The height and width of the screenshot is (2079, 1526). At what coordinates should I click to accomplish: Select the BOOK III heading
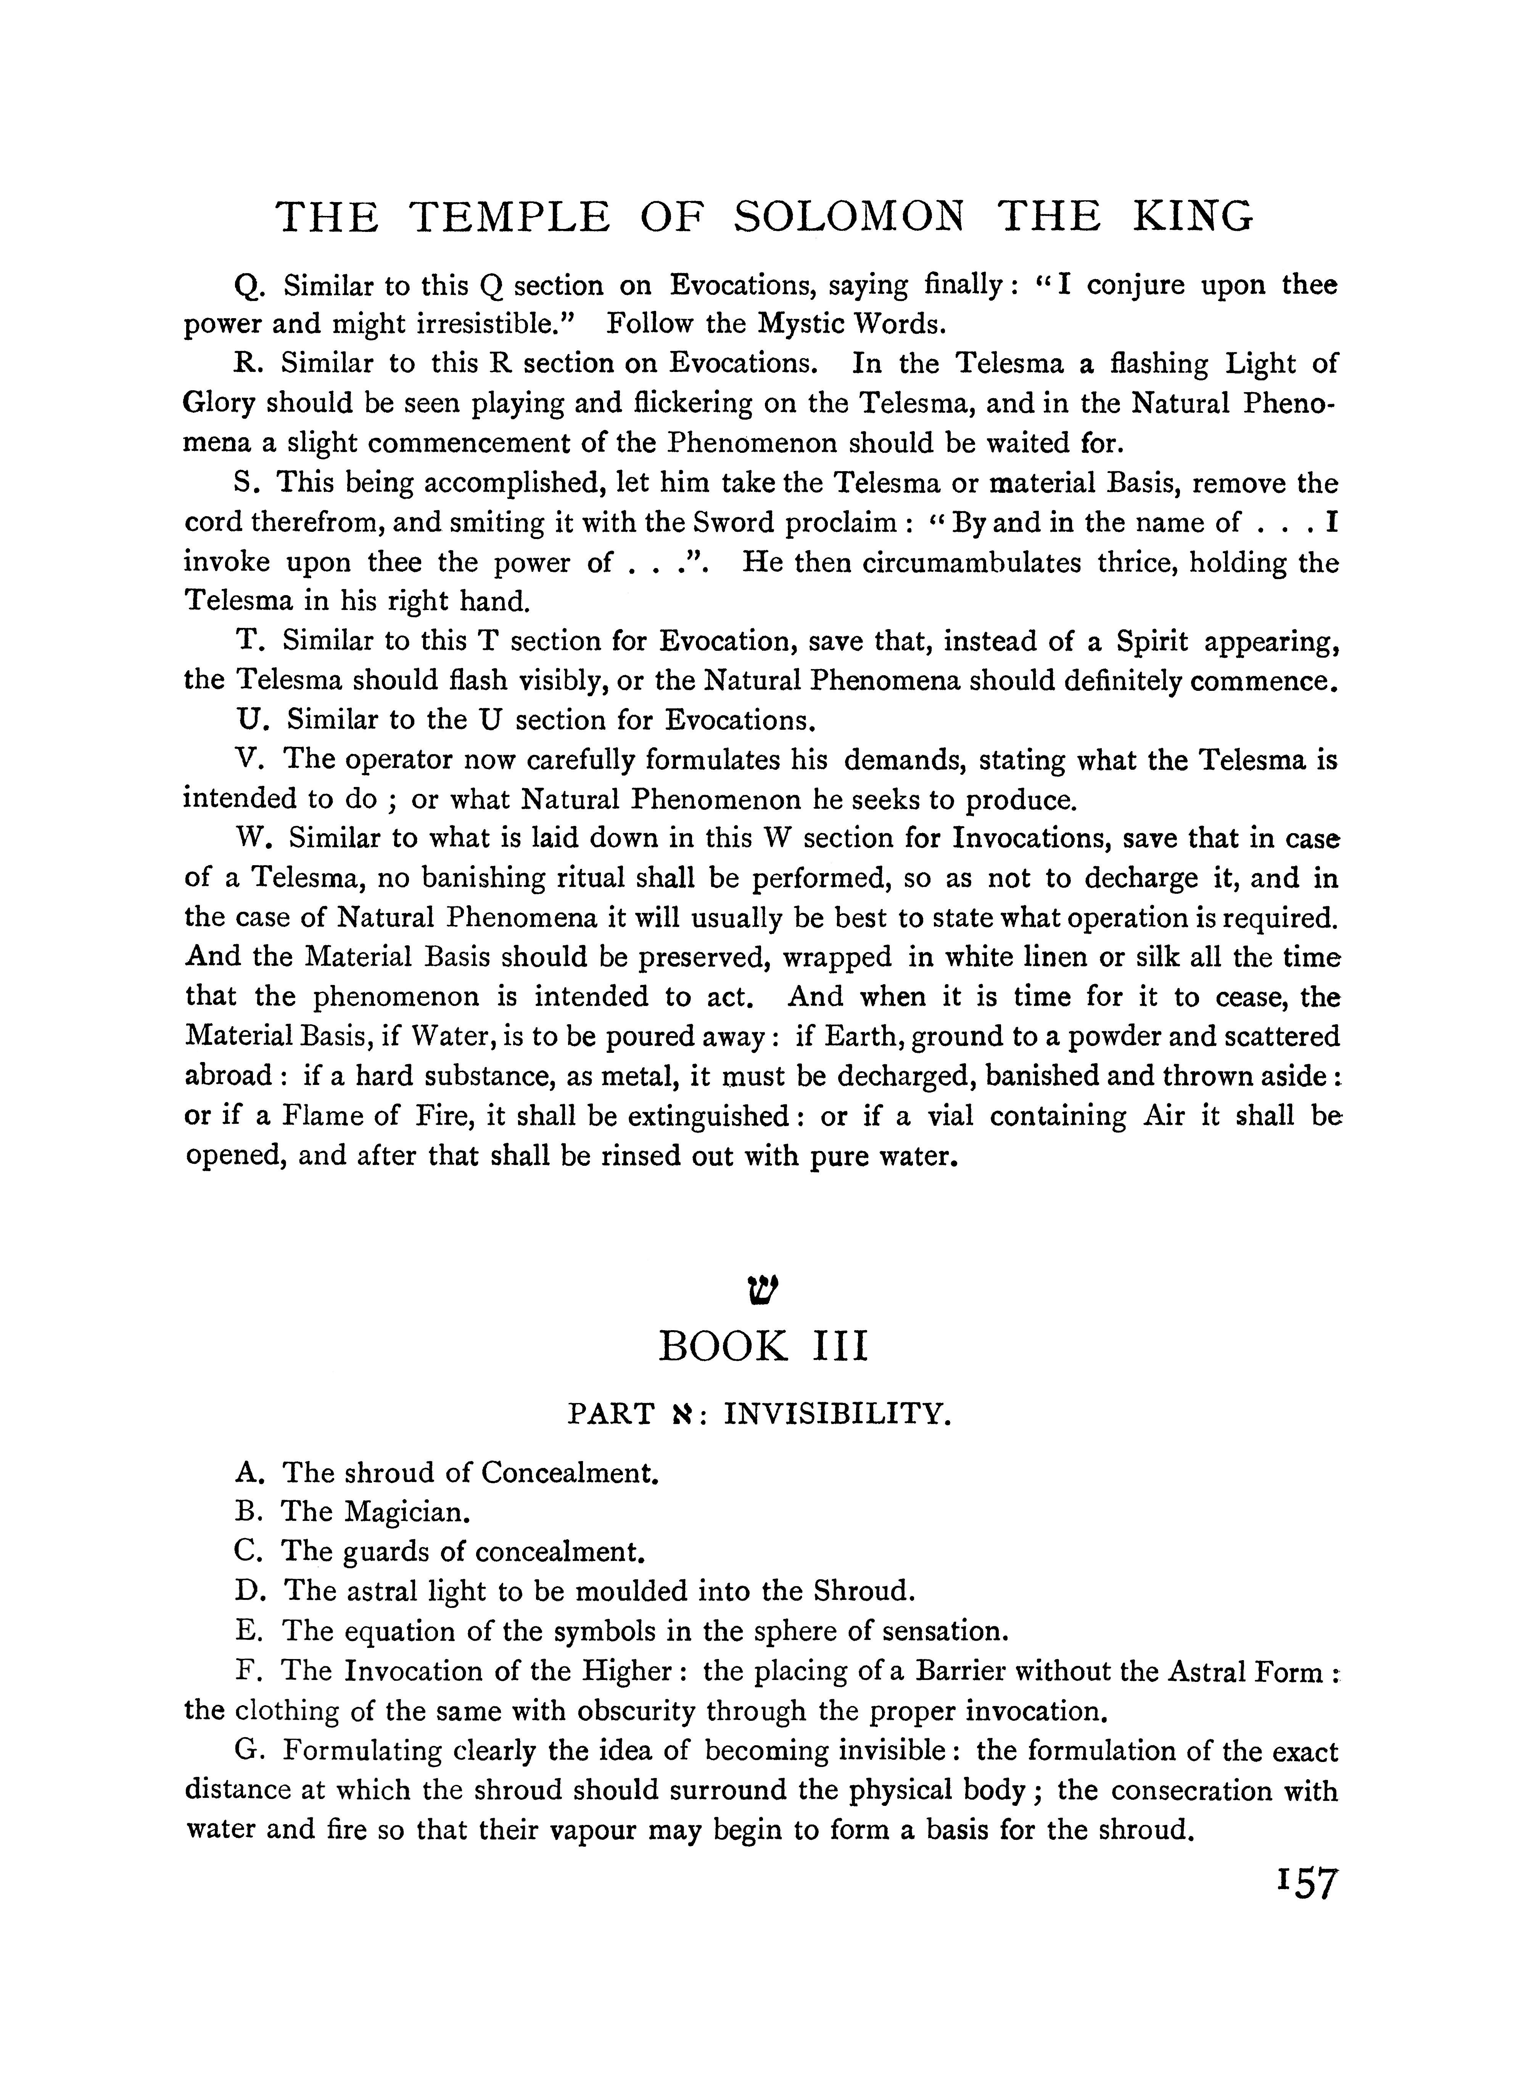pyautogui.click(x=763, y=1347)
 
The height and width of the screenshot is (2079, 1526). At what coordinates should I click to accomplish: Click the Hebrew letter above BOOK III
pyautogui.click(x=763, y=1287)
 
